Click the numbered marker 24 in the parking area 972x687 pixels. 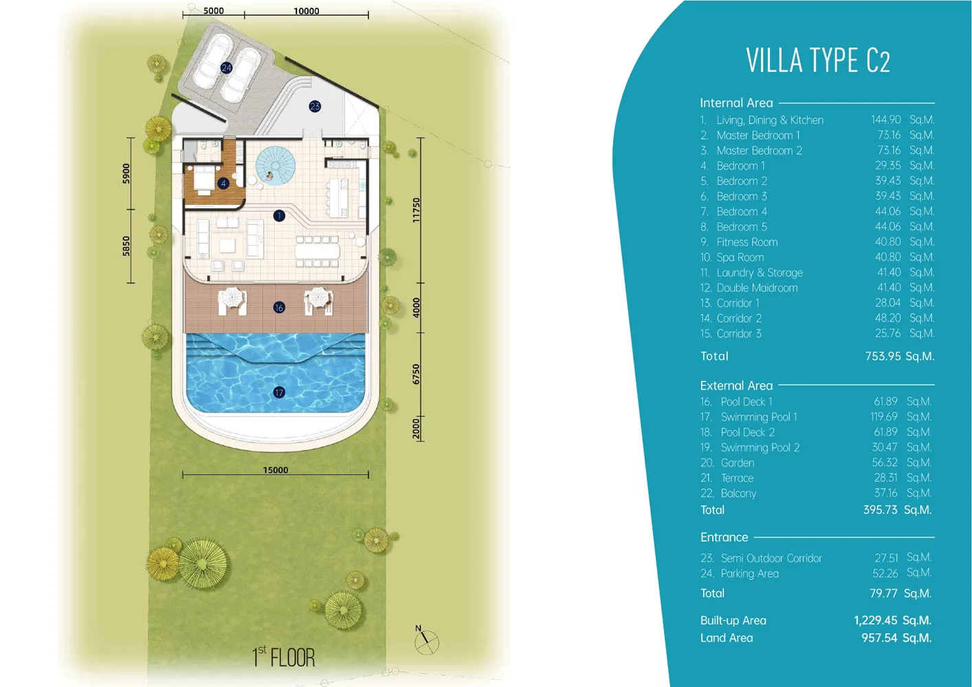[x=226, y=68]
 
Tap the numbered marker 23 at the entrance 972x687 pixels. [x=315, y=106]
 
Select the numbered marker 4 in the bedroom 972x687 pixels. [x=223, y=183]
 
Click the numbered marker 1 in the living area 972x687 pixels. [x=279, y=216]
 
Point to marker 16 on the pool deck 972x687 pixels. [x=279, y=308]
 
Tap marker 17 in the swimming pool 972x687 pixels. [x=279, y=392]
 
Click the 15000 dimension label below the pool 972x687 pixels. [x=276, y=470]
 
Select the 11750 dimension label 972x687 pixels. [x=416, y=210]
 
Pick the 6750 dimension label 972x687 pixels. [x=416, y=374]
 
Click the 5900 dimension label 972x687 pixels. [x=126, y=174]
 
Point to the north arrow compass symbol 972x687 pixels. [x=426, y=641]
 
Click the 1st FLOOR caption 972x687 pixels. [x=283, y=657]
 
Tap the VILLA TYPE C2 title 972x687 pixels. [x=818, y=61]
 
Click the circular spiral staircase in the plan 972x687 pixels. [x=276, y=166]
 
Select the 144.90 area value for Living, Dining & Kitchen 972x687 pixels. [x=885, y=120]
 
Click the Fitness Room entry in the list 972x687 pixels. [x=747, y=242]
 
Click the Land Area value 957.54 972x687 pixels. [x=879, y=638]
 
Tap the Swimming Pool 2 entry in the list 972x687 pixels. [x=760, y=447]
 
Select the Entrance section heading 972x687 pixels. [x=724, y=537]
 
